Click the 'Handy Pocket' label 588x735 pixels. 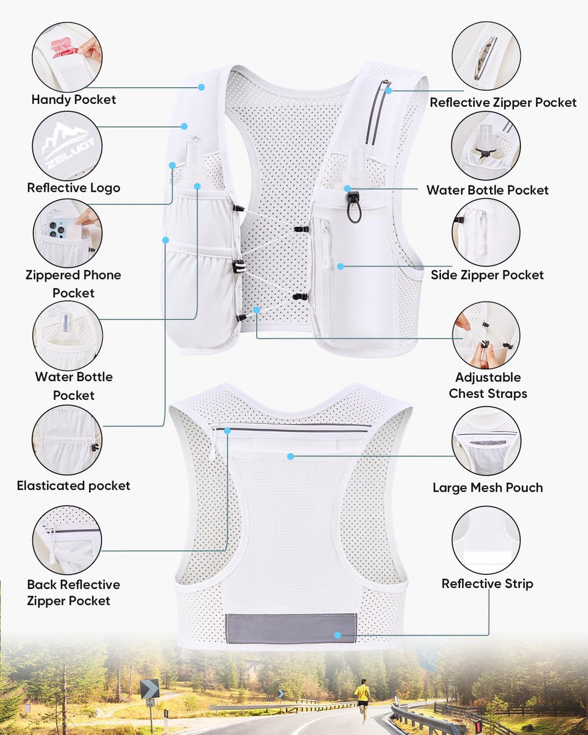(x=73, y=100)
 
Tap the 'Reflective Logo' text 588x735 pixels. (x=73, y=188)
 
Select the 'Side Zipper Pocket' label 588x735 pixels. (x=487, y=275)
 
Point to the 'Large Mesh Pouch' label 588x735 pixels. (x=488, y=488)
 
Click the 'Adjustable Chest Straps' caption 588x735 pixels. (x=488, y=386)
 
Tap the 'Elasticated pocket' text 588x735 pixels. (x=73, y=486)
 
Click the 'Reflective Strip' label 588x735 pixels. (x=487, y=584)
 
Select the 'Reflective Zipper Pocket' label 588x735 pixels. (x=503, y=102)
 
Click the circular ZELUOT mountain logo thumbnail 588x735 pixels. (x=67, y=146)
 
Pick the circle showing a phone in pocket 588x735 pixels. (x=67, y=233)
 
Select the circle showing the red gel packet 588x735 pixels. (x=67, y=57)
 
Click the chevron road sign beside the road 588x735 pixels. (x=149, y=689)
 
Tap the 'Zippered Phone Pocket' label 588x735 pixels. (x=73, y=284)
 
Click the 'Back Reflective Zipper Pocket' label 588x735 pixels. (x=73, y=593)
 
